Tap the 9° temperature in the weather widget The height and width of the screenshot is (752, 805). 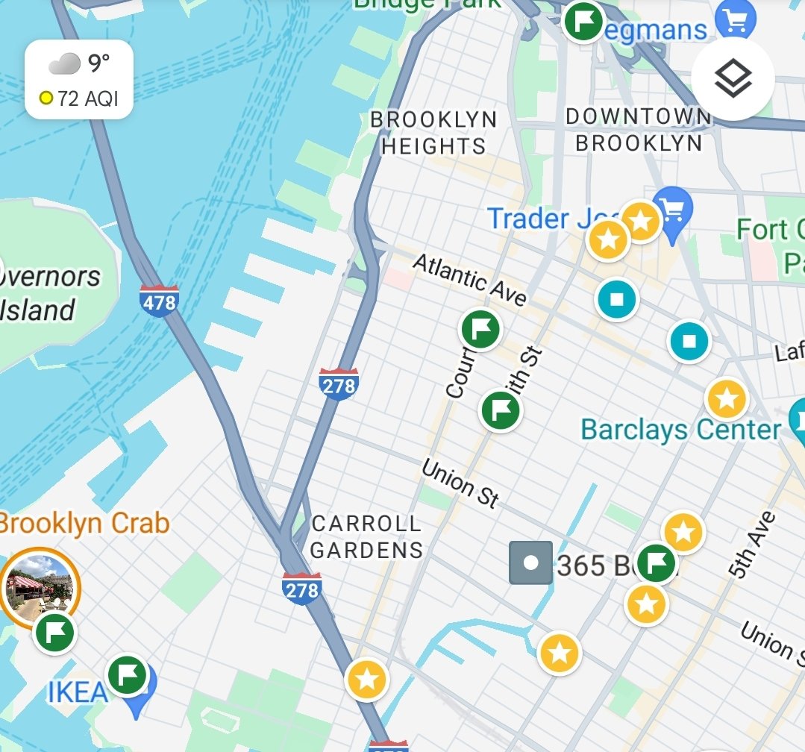pos(98,64)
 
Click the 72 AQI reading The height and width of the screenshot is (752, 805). pos(87,98)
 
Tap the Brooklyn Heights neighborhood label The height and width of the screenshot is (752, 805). pos(433,133)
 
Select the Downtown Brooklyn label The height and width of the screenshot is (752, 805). pos(639,130)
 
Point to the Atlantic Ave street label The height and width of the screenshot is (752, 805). pos(470,279)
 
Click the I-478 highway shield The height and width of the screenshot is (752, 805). pos(159,300)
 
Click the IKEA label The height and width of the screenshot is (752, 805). pos(77,692)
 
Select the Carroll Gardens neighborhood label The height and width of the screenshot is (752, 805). pos(366,537)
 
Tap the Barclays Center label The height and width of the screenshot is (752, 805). pos(680,430)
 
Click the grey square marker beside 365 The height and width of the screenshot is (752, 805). pos(530,563)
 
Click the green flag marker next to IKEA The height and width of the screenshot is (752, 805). pos(127,674)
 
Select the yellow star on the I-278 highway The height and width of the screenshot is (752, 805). pos(366,680)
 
